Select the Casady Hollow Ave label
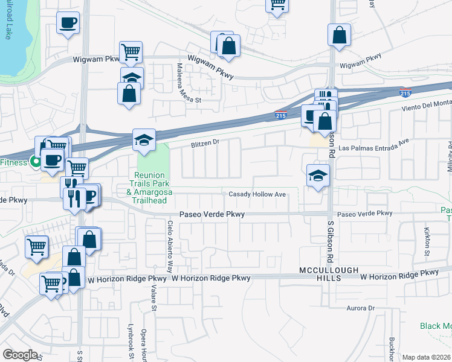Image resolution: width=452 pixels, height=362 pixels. [257, 194]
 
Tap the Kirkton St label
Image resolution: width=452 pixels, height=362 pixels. [427, 235]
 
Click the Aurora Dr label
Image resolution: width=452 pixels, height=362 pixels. [361, 308]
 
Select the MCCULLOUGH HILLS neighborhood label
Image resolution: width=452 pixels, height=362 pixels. [329, 274]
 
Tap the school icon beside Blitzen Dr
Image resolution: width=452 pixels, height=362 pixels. [144, 141]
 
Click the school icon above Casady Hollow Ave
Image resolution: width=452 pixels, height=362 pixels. [318, 176]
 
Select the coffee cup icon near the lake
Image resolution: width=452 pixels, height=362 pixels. [68, 24]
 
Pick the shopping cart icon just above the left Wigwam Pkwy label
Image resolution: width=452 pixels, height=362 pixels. [131, 52]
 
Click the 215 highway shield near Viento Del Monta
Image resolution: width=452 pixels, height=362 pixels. [405, 94]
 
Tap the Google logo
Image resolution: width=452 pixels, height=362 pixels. [20, 355]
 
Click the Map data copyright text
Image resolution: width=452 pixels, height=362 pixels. [426, 357]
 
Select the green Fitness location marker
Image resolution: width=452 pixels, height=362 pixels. [36, 162]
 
